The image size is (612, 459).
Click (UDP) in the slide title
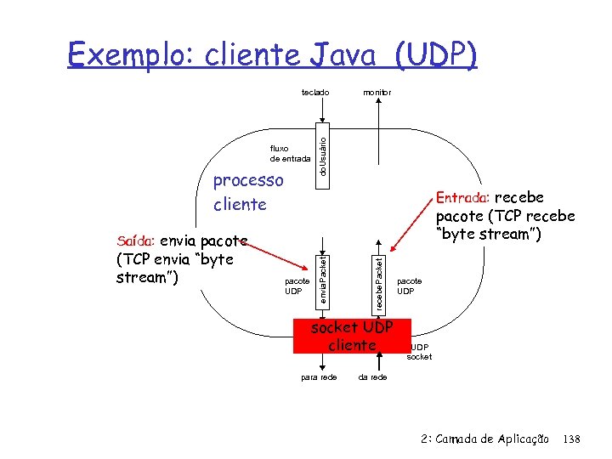(x=435, y=55)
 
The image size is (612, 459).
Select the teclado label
(x=314, y=92)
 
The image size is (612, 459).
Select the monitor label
(x=377, y=92)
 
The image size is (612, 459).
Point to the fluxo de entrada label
(x=290, y=153)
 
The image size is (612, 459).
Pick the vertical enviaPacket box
(x=323, y=274)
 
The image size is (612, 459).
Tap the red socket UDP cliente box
(x=352, y=336)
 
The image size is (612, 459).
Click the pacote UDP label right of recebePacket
(x=409, y=286)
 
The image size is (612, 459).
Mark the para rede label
(x=320, y=377)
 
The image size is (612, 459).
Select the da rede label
(x=372, y=377)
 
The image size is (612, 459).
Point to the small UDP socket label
(x=420, y=352)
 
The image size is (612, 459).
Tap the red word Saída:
(x=136, y=241)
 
